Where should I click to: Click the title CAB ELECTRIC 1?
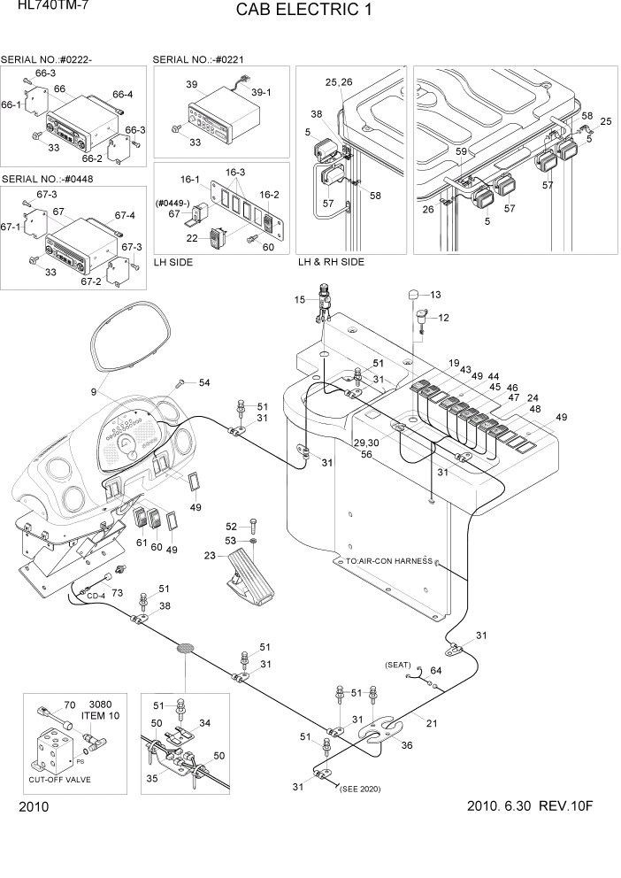coord(304,12)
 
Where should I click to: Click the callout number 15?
coord(299,301)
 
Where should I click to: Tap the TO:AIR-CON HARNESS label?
coord(382,561)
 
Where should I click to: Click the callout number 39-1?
coord(261,91)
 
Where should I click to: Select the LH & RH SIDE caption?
coord(331,262)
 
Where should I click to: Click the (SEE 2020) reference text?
coord(359,789)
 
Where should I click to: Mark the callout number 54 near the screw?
coord(204,382)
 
